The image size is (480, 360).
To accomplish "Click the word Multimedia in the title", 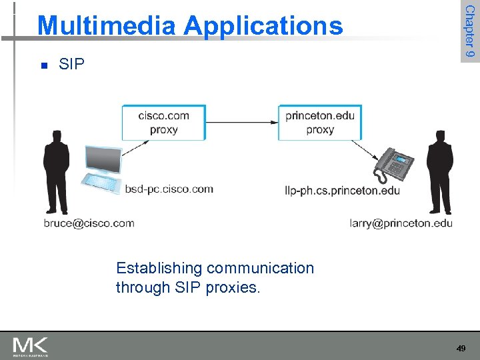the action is point(107,25).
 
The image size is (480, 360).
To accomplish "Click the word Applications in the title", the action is point(263,27).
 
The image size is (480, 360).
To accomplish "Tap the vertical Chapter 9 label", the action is point(469,31).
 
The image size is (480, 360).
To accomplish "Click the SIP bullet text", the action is point(72,65).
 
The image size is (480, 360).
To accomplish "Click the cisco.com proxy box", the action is point(163,122).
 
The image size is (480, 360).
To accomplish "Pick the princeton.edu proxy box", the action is point(320,122).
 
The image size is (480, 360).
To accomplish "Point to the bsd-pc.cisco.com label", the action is point(169,189).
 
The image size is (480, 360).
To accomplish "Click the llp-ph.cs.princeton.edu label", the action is point(342,191).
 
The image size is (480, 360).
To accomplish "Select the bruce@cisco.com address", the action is point(89,223).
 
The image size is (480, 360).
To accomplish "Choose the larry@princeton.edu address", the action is point(401,223).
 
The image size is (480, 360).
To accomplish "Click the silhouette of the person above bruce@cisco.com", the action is point(56,170).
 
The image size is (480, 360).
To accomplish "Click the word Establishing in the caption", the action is point(159,268).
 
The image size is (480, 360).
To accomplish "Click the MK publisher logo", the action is point(30,347).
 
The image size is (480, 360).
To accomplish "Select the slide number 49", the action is point(461,348).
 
